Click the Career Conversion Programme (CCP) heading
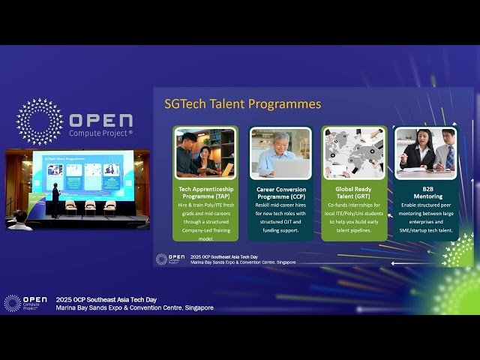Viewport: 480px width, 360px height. click(280, 193)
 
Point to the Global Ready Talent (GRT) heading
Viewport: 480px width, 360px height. click(354, 193)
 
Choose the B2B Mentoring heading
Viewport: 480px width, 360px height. click(427, 193)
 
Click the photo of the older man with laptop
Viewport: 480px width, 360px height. click(280, 154)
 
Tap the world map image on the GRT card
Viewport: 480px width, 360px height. click(354, 154)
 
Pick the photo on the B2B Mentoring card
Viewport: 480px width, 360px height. click(427, 150)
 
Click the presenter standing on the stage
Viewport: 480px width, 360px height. click(55, 199)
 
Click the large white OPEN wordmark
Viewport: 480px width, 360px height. click(101, 120)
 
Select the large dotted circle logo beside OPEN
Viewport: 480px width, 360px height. click(40, 121)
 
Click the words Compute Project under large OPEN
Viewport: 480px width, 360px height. click(100, 133)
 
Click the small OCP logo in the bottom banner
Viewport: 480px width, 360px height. click(13, 302)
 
